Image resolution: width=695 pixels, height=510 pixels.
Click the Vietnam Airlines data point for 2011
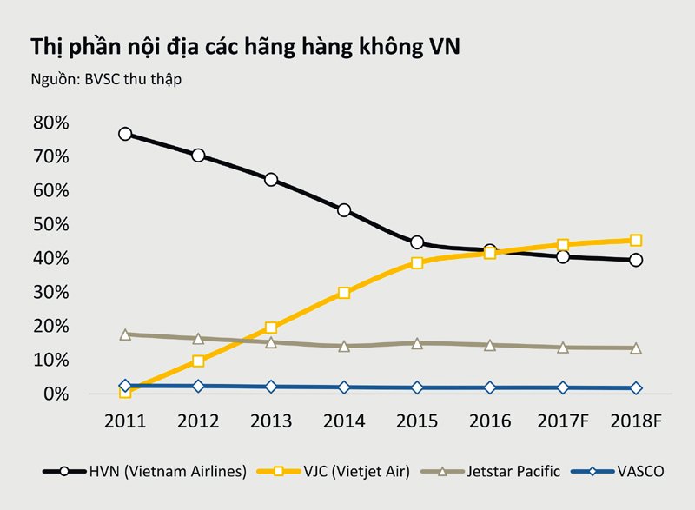[x=125, y=134]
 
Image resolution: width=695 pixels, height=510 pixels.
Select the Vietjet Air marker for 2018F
[x=636, y=241]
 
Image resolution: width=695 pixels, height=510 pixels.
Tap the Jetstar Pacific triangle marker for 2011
[x=125, y=334]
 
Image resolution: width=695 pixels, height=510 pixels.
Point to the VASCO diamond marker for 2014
[x=344, y=387]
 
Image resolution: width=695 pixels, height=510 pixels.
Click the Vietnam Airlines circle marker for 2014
[x=344, y=210]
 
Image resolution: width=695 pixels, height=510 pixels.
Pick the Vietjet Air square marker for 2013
[x=271, y=328]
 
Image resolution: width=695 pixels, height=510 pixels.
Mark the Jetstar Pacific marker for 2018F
[x=636, y=348]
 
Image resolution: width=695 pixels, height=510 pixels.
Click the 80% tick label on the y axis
[x=50, y=123]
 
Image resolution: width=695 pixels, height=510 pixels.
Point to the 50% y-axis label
[x=50, y=224]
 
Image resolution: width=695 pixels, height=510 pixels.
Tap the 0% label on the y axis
[x=54, y=394]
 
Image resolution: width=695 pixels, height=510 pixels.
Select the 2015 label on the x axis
[x=417, y=422]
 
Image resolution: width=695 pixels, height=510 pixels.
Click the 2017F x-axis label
[x=563, y=422]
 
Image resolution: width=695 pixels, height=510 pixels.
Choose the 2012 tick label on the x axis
[x=198, y=422]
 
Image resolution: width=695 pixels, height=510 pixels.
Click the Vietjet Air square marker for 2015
[x=417, y=262]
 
